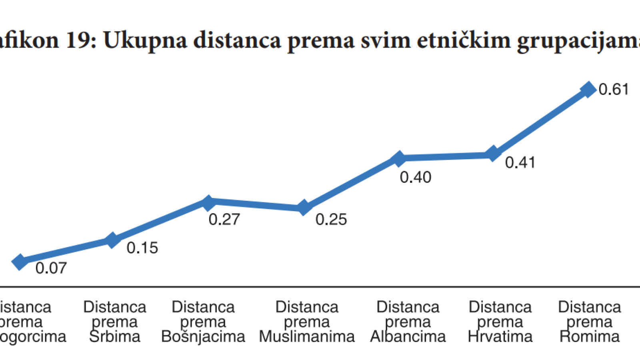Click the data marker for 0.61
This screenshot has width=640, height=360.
588,89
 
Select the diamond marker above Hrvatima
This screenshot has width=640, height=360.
493,154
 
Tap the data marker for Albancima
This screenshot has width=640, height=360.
399,159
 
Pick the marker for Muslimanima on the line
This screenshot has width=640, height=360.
304,208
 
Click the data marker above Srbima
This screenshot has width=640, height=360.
112,240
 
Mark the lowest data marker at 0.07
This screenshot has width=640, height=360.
19,262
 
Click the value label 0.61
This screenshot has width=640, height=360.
614,89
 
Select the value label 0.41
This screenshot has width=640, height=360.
520,162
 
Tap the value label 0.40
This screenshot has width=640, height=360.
415,177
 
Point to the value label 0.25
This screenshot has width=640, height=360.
331,219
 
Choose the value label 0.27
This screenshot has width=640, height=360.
224,219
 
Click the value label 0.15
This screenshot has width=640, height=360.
142,248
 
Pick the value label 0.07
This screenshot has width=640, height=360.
51,268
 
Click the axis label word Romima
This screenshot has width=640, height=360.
589,336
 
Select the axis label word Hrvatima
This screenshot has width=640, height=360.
500,336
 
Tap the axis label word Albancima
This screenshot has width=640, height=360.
408,336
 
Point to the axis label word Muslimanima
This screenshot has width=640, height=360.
307,336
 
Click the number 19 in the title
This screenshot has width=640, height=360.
78,40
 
